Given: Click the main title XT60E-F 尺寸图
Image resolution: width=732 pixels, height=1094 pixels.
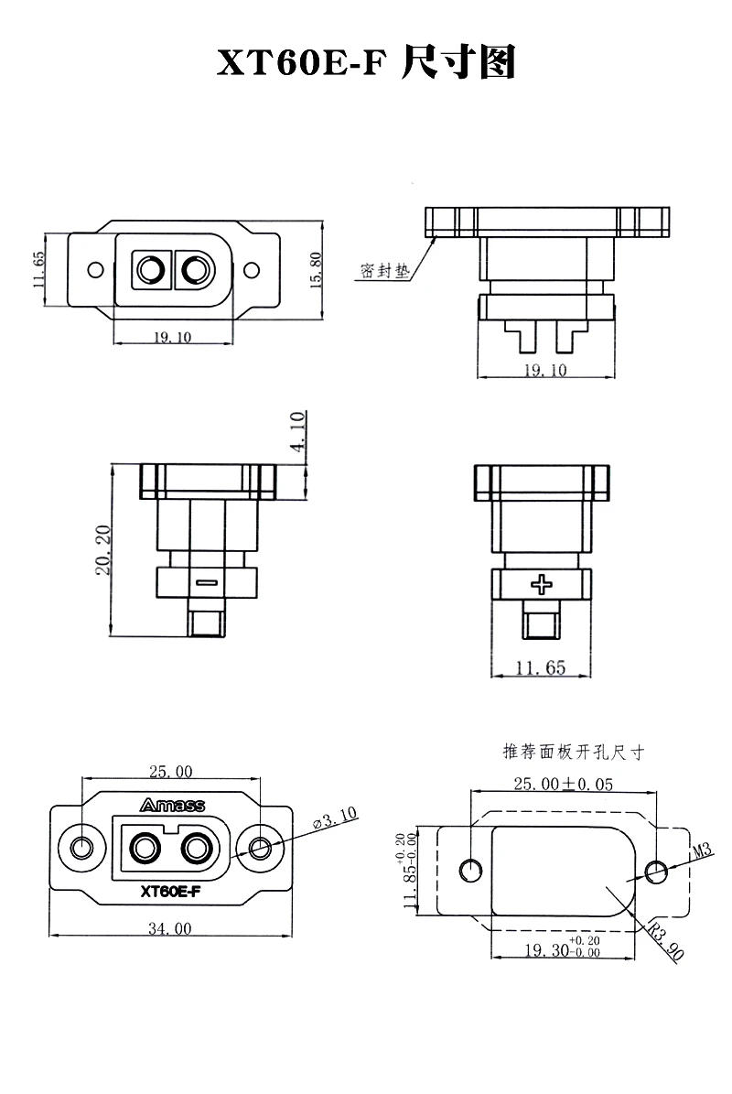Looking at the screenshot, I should (366, 63).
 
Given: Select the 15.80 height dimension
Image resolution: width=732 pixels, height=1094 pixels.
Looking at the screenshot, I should (317, 270).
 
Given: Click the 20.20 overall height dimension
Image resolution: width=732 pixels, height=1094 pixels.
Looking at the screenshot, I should (103, 550).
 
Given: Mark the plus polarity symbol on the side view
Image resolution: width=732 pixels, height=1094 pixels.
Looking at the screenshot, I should (544, 583).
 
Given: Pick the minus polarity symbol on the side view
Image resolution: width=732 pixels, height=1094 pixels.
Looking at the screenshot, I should (206, 581).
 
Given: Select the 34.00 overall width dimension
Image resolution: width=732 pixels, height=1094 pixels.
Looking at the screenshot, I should (171, 928).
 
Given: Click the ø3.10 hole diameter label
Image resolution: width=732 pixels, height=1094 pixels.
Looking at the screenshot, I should (335, 818).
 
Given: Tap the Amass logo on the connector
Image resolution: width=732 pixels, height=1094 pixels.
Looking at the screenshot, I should (172, 806).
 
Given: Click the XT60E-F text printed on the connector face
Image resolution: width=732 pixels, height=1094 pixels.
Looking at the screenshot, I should (171, 891).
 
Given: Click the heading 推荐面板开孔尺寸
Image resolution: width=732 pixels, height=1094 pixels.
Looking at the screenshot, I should (574, 753).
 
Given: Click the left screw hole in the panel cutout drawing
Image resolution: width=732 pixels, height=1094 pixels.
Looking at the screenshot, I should (472, 869).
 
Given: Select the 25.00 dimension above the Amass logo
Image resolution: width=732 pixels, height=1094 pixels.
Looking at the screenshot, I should (171, 771).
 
